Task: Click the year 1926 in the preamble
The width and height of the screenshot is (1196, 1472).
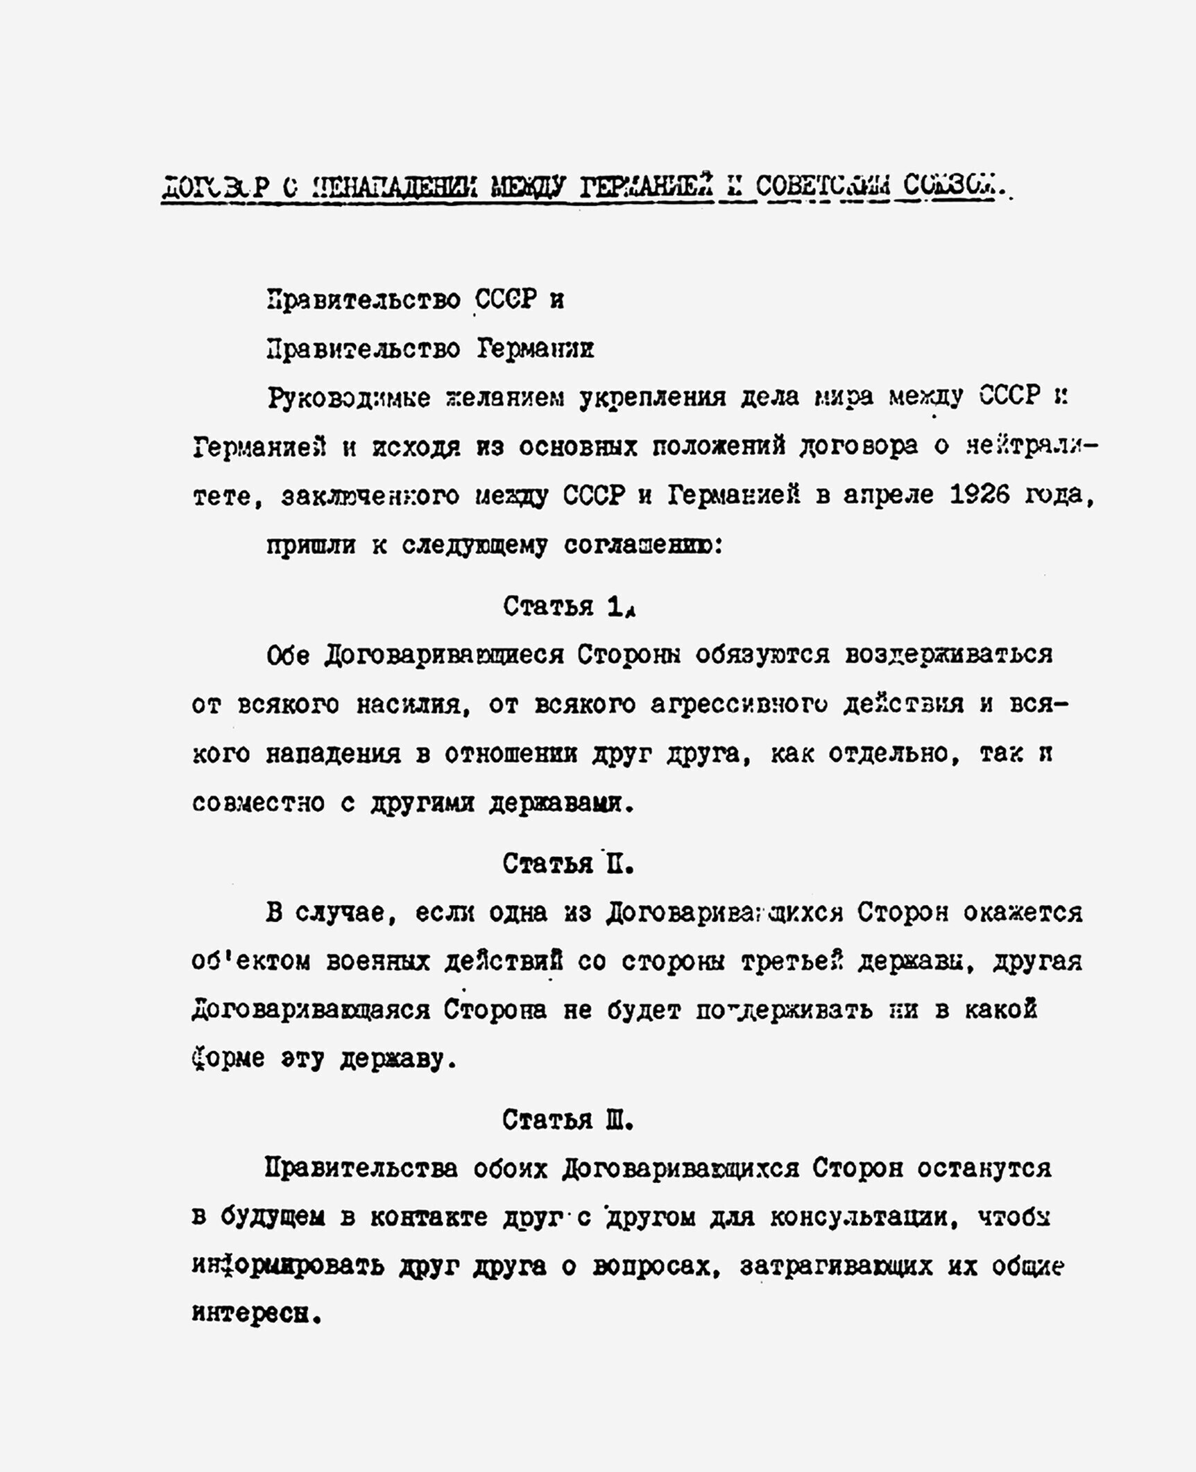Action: coord(979,495)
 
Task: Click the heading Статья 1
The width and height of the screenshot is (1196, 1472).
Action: coord(569,607)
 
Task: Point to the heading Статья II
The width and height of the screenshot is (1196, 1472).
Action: coord(567,864)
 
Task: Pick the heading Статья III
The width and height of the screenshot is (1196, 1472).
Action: coord(567,1120)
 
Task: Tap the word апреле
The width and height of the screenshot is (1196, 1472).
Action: coord(889,495)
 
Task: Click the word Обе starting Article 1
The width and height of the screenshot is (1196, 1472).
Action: coord(288,655)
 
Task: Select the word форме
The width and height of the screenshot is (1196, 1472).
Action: coord(228,1059)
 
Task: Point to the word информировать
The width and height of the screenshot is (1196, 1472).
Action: coord(287,1266)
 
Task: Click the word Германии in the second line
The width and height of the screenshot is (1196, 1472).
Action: coord(535,349)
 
